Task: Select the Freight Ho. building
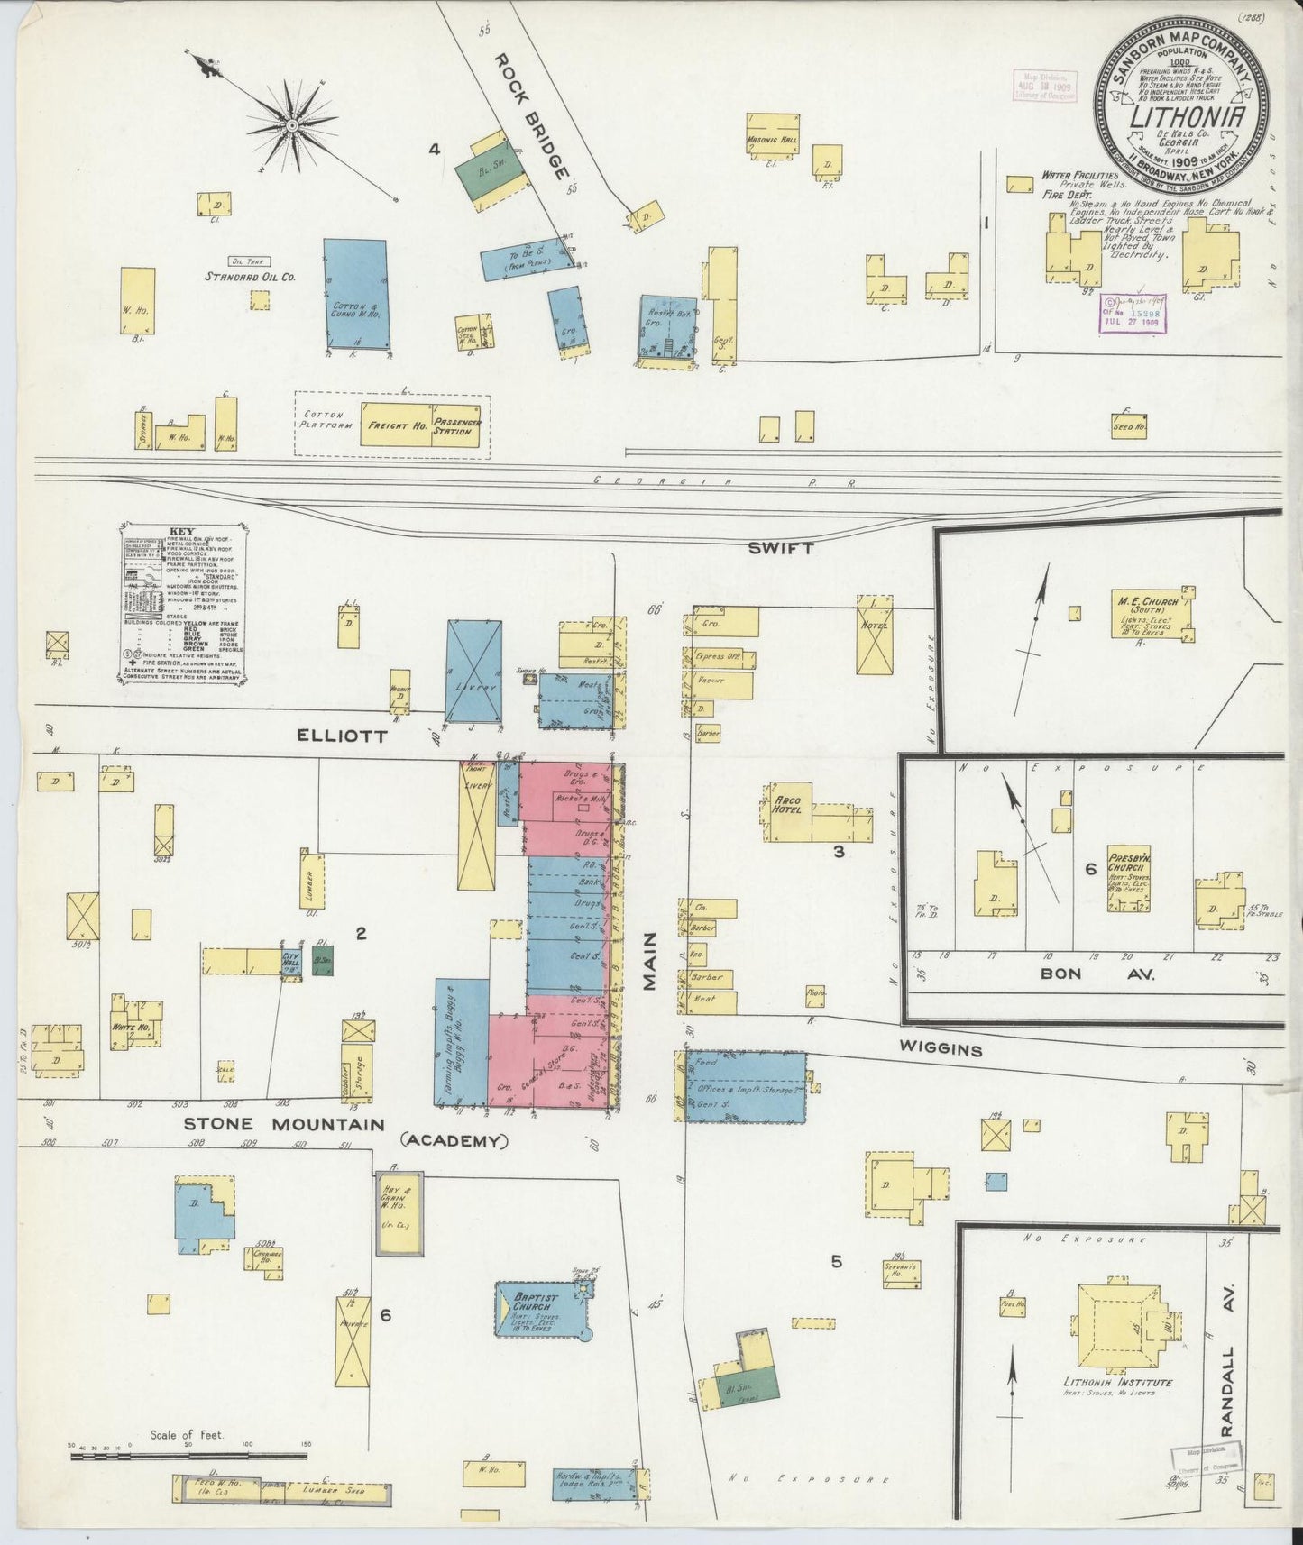point(396,425)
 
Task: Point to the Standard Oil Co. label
point(250,278)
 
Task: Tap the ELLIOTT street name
point(342,736)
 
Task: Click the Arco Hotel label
point(787,804)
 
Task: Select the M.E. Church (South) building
point(1151,614)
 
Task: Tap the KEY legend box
point(183,606)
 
